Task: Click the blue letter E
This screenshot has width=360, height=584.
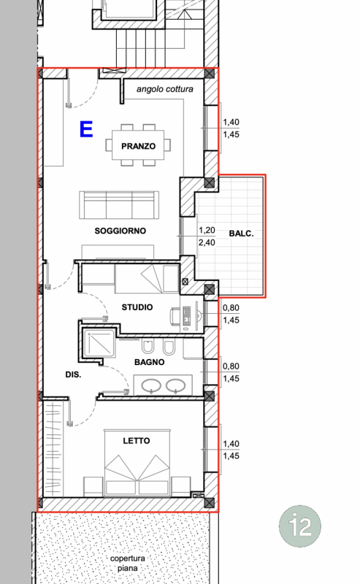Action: point(86,129)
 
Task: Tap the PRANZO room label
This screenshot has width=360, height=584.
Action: point(138,146)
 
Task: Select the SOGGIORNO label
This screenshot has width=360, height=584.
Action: point(120,231)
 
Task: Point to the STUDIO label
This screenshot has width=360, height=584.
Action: point(137,307)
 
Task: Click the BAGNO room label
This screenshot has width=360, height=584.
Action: point(150,362)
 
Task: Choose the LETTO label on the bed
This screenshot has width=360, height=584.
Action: point(137,441)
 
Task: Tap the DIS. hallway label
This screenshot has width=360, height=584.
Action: point(73,374)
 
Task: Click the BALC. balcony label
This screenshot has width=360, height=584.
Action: point(241,234)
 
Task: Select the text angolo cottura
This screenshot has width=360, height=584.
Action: point(165,89)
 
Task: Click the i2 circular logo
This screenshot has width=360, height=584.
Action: point(300,526)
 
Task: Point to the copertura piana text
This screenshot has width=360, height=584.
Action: point(128,563)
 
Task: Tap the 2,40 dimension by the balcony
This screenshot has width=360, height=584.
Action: point(207,242)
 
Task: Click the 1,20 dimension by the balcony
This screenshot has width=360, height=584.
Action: point(207,230)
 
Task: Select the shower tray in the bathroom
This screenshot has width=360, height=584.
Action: point(99,342)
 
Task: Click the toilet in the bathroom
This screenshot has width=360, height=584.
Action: point(148,347)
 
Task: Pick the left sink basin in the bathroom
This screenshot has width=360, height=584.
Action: point(151,385)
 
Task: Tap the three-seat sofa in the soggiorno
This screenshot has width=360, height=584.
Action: point(119,206)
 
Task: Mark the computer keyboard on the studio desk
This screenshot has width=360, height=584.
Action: point(187,316)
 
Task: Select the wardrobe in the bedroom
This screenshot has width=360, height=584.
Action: point(53,448)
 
